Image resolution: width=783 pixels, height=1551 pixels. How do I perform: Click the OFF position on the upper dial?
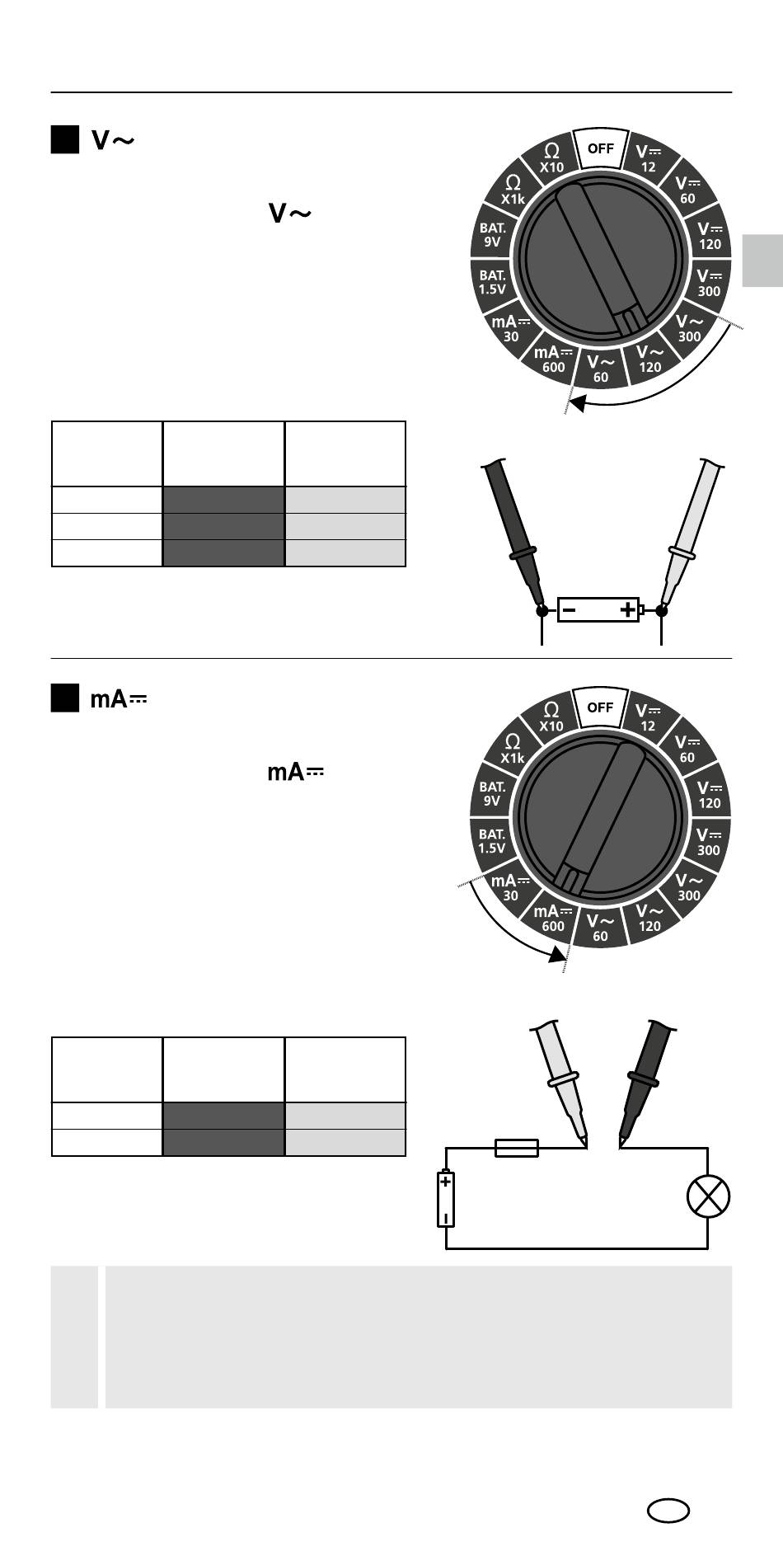point(600,149)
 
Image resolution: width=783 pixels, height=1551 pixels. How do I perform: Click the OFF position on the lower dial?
point(600,707)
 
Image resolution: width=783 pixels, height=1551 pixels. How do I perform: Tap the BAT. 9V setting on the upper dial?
point(493,235)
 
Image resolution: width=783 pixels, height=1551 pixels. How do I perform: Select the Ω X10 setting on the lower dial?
point(551,717)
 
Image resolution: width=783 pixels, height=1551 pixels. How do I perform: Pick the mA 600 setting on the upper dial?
point(554,360)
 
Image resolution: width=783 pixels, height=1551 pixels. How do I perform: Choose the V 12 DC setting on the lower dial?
point(649,717)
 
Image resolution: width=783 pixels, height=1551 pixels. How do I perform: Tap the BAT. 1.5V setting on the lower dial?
point(492,841)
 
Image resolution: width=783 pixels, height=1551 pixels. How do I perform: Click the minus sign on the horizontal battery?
point(570,611)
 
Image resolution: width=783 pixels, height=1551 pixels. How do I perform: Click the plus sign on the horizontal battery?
point(627,610)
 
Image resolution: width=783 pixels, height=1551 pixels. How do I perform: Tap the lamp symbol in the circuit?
point(708,1196)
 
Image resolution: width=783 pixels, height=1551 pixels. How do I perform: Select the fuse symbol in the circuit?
point(517,1148)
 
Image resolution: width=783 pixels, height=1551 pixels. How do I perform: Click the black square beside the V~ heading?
point(65,140)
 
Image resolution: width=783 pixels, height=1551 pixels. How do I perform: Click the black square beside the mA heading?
point(65,698)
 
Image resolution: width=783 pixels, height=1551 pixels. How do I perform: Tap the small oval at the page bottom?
point(668,1511)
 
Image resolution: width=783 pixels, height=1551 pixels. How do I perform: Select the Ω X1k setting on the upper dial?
point(513,190)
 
